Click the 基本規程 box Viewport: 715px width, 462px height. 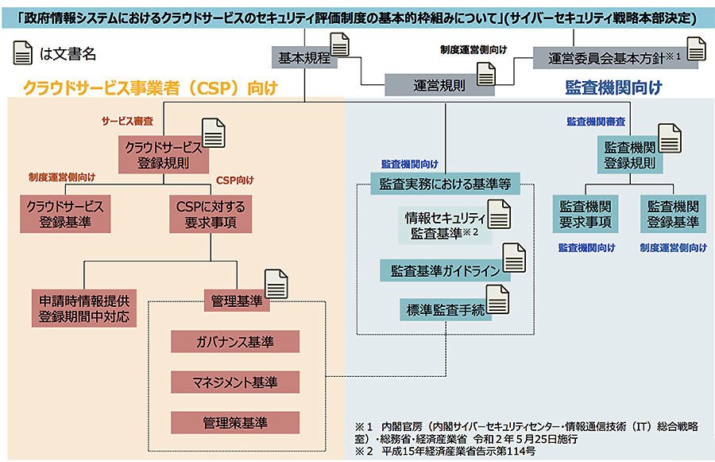coord(304,57)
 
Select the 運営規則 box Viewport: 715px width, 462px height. coord(439,85)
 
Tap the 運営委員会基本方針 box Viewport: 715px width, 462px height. coord(615,58)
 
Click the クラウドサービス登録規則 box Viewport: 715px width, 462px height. coord(163,155)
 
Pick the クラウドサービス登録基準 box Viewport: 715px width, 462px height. coord(65,214)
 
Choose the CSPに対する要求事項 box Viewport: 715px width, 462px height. coord(211,214)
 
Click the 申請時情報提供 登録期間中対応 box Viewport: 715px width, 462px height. coord(84,309)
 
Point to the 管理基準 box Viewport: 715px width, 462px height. coord(237,301)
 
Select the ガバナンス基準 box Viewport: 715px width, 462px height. coord(235,341)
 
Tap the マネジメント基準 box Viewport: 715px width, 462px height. coord(235,382)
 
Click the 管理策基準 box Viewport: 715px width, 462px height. coord(235,423)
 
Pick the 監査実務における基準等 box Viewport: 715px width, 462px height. coord(445,184)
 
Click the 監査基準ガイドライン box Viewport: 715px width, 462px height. coord(445,270)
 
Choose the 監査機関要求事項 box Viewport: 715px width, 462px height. coord(585,214)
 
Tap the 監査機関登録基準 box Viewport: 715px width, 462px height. coord(673,214)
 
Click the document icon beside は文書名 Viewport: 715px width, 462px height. coord(23,52)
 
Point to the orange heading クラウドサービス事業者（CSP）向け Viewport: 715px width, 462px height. coord(150,87)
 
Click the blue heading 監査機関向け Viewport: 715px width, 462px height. coord(613,87)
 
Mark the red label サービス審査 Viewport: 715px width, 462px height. coord(127,121)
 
